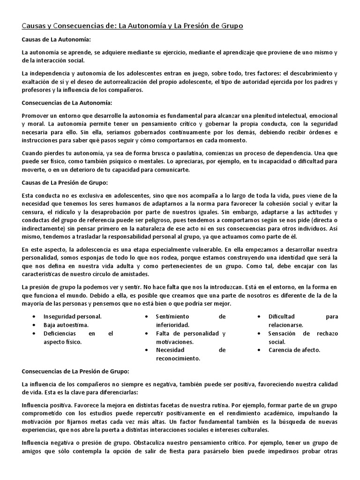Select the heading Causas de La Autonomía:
pos(56,41)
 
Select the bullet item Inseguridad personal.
pos(73,316)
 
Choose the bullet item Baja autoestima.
pos(66,325)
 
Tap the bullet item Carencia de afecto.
pos(294,350)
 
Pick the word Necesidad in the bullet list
pos(172,350)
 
